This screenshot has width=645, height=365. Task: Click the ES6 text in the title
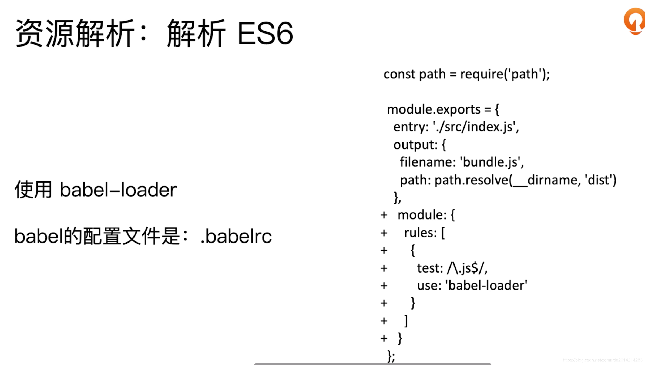[x=265, y=34]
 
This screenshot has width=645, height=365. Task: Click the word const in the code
[x=399, y=74]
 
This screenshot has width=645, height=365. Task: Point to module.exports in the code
[x=434, y=109]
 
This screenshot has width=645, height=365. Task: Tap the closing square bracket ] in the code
[x=406, y=321]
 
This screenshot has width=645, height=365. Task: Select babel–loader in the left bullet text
[x=118, y=190]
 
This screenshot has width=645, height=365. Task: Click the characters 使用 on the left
[x=33, y=190]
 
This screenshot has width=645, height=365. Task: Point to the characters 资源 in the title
[x=44, y=34]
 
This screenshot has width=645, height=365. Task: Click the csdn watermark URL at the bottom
[x=602, y=360]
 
